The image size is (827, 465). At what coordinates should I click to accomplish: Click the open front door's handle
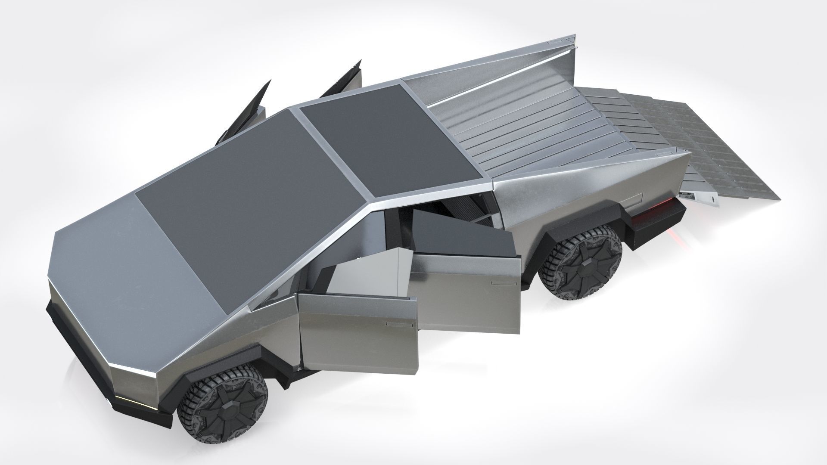click(x=400, y=323)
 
